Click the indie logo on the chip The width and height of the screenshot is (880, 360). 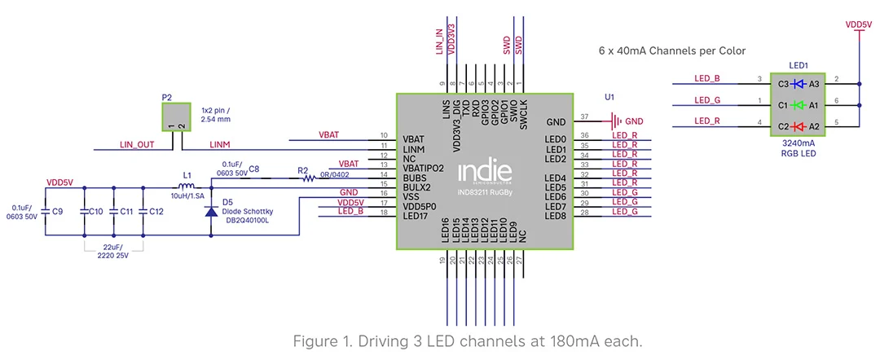point(484,172)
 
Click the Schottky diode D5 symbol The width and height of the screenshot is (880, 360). point(211,212)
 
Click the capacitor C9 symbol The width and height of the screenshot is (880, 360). point(45,212)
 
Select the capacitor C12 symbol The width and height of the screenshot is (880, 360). point(143,212)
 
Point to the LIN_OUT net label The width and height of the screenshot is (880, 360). point(138,145)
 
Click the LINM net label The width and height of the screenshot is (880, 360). point(220,145)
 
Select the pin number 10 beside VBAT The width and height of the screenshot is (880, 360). point(383,135)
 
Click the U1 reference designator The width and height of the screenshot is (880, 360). point(609,97)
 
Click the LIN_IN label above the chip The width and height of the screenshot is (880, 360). point(440,41)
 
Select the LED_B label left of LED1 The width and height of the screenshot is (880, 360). point(706,79)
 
